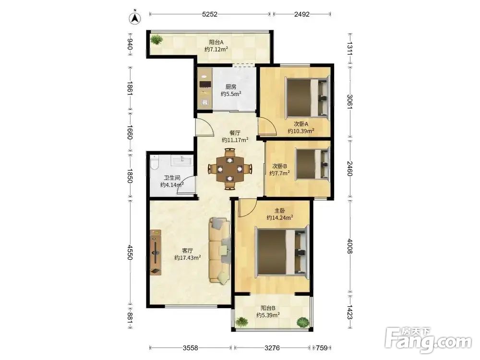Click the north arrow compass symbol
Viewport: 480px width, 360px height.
tap(135, 18)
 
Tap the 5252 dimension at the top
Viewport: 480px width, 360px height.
tap(210, 14)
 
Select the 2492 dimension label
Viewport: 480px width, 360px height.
tap(302, 14)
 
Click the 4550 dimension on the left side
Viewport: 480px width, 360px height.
tap(130, 252)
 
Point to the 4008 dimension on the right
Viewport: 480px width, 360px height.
tap(350, 246)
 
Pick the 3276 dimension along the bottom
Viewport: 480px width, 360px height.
tap(272, 348)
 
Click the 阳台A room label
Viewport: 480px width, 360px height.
tap(216, 42)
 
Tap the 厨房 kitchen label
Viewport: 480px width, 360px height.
tap(231, 87)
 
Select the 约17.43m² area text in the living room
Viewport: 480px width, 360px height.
tap(187, 258)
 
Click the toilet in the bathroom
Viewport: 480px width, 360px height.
tap(154, 162)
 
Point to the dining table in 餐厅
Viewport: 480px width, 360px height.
tap(230, 168)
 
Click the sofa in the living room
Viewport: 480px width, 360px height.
tap(219, 251)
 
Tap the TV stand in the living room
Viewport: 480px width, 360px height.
tap(156, 252)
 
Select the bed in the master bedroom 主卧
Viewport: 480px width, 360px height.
tap(282, 252)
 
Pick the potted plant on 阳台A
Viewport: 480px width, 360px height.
tap(156, 40)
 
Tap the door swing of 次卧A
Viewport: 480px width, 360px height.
tap(267, 125)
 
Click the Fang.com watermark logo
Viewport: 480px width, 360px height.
tap(428, 339)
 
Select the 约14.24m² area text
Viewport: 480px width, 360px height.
tap(280, 217)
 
